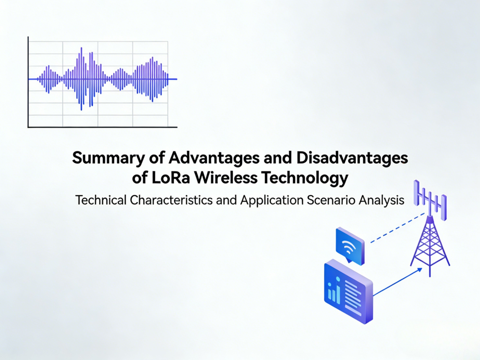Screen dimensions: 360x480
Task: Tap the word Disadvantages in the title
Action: (x=346, y=158)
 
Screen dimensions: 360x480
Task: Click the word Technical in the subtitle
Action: (x=101, y=200)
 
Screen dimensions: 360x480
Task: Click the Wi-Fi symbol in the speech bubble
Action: (x=349, y=248)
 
